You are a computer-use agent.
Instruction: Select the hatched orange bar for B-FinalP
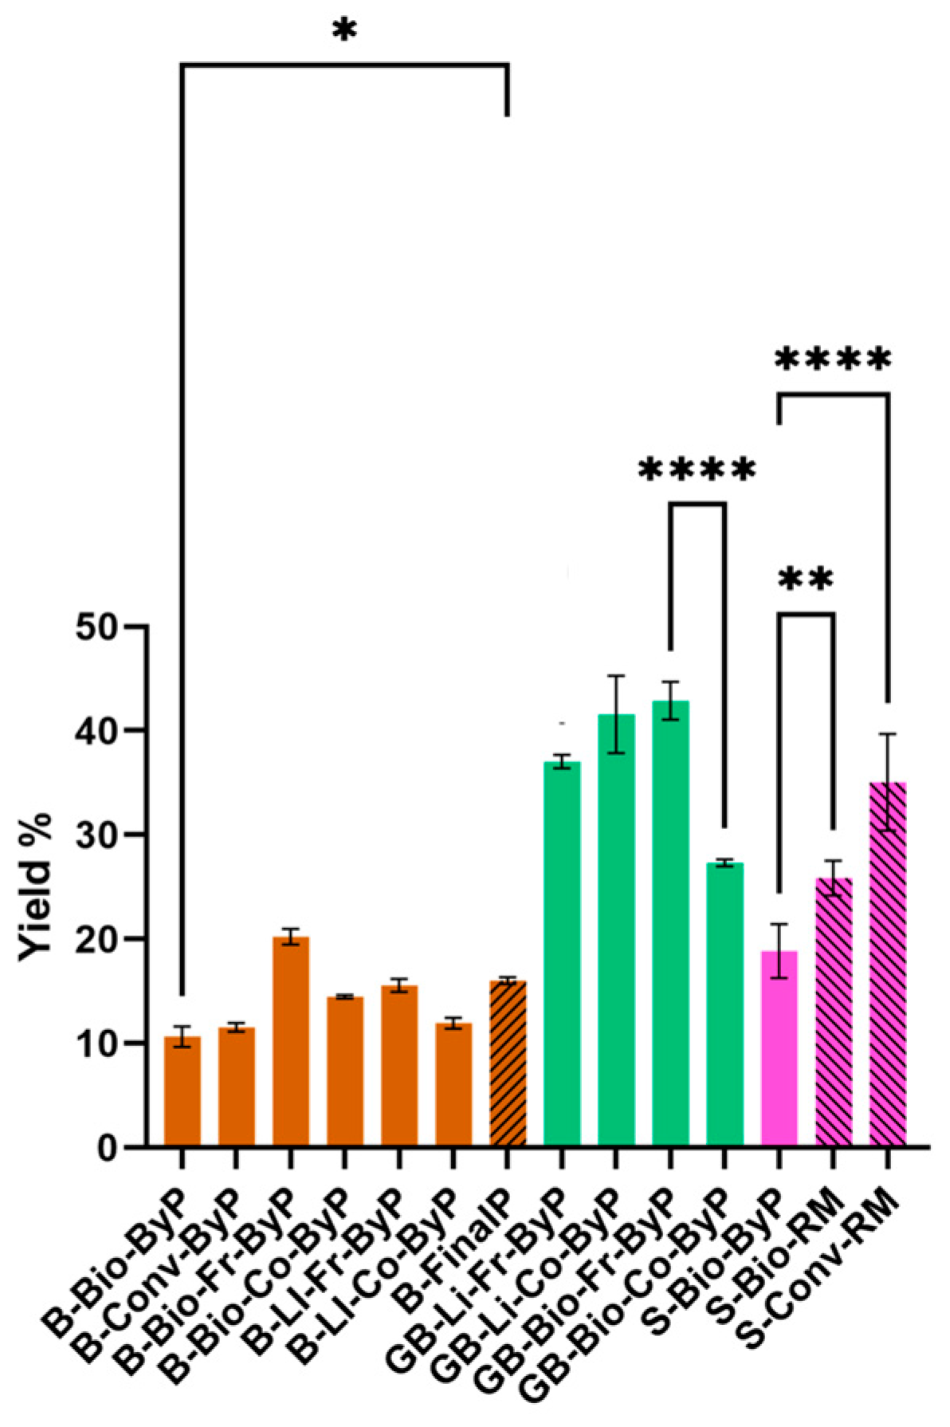coord(507,1064)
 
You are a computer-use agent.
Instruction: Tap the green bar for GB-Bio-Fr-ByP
coord(669,925)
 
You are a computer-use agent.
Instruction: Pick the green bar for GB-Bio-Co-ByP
coord(724,1004)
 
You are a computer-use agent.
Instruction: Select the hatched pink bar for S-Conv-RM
coord(887,965)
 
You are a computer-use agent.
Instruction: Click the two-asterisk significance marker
coord(804,581)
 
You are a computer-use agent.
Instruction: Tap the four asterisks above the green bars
coord(696,471)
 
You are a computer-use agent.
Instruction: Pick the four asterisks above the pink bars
coord(832,361)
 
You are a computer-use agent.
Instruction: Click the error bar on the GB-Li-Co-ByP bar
coord(616,713)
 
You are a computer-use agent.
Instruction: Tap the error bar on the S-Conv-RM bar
coord(887,782)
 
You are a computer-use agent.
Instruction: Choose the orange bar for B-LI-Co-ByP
coord(453,1085)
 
